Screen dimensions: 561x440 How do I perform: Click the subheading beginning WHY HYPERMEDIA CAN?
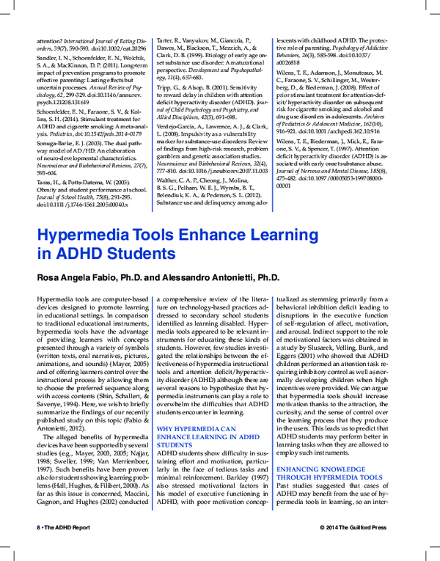(197, 428)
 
